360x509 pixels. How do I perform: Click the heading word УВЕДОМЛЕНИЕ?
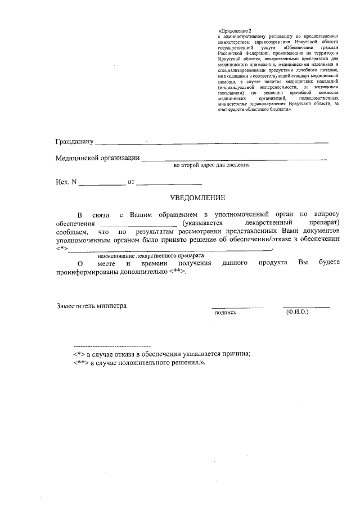197,197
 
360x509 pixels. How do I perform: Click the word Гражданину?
74,140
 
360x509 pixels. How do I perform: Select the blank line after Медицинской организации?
233,161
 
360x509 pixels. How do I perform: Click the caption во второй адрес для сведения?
211,166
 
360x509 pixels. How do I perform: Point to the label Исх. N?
65,182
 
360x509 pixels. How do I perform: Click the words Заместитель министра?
92,306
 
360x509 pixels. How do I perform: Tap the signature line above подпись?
237,308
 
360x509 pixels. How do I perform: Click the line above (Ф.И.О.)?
307,307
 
